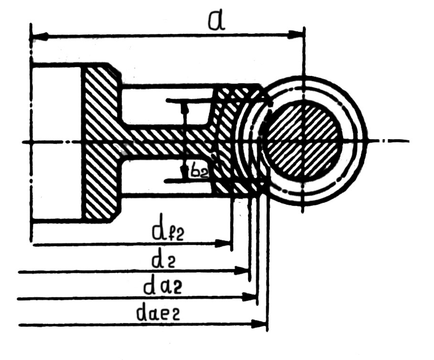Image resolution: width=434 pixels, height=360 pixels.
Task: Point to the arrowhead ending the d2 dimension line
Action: [x=243, y=272]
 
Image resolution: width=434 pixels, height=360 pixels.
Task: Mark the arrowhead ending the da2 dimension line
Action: [x=251, y=297]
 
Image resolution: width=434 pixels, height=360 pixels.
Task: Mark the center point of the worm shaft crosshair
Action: [x=303, y=141]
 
